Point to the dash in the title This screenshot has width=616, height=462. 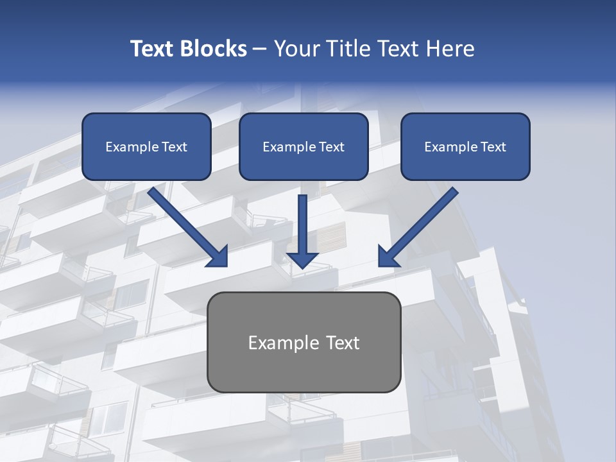(x=260, y=49)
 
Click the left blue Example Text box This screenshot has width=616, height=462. (x=146, y=146)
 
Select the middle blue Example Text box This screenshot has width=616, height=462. (x=304, y=146)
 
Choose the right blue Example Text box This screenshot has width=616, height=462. (x=465, y=146)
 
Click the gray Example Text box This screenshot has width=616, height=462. (x=304, y=342)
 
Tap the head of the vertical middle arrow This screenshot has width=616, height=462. (x=302, y=259)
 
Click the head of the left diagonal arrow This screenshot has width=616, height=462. (x=218, y=257)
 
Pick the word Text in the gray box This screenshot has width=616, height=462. (x=343, y=343)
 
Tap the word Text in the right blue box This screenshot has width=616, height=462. (x=493, y=147)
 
